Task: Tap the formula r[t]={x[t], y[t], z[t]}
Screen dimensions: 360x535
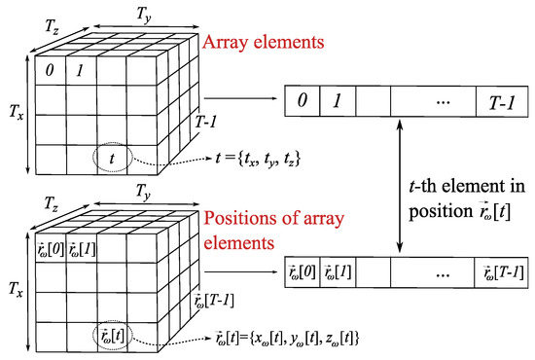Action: coord(311,338)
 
